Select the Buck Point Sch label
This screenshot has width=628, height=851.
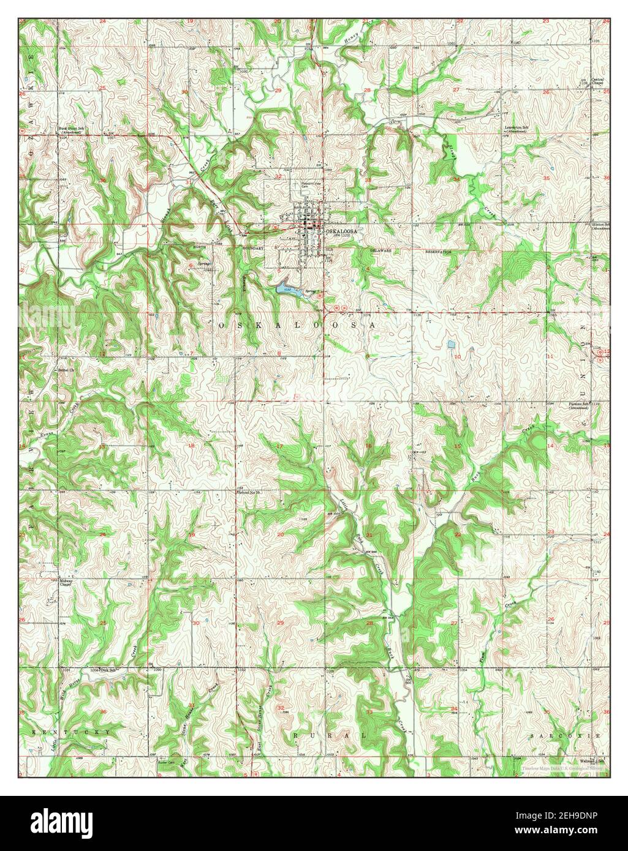click(x=71, y=129)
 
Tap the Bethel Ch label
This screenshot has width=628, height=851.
click(x=66, y=370)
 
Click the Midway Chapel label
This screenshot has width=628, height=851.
click(x=66, y=582)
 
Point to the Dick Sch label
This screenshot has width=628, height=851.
click(x=108, y=670)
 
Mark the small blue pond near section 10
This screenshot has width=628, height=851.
click(x=452, y=344)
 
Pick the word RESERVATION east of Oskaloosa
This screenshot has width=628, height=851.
click(x=439, y=251)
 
